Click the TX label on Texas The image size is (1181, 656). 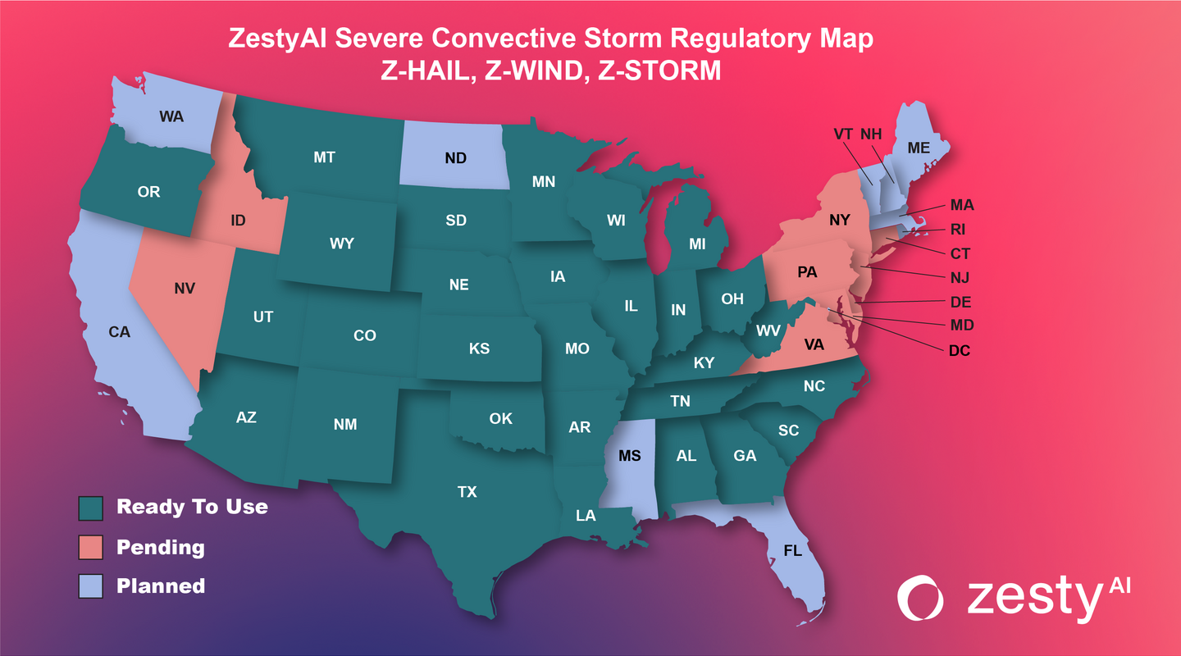tap(467, 492)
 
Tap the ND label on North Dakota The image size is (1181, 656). tap(455, 158)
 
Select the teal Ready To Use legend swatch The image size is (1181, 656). tap(90, 507)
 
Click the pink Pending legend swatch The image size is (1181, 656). tap(90, 546)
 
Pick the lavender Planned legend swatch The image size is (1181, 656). tap(90, 585)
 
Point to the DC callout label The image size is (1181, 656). tap(959, 351)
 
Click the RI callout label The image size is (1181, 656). tap(958, 230)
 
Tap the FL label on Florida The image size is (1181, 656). tap(792, 550)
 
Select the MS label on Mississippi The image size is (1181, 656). tap(630, 456)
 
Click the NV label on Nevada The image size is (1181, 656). tap(185, 289)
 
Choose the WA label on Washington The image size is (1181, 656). tap(171, 116)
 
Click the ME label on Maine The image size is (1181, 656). tap(919, 148)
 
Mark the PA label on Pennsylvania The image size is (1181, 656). tap(807, 272)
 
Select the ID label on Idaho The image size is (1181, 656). tap(239, 221)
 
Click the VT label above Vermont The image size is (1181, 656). tap(843, 133)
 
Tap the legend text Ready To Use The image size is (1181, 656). tap(192, 507)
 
